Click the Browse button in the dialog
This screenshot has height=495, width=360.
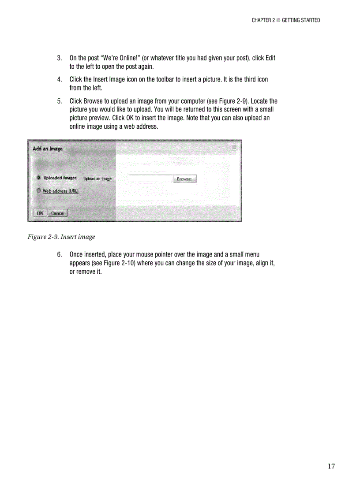[x=184, y=179]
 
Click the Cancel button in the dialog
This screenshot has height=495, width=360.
[x=57, y=213]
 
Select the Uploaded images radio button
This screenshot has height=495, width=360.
[x=39, y=178]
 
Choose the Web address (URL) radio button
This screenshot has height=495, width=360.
[x=39, y=191]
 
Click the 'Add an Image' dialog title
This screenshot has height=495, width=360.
[x=48, y=149]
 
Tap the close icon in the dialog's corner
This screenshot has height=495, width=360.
[x=234, y=148]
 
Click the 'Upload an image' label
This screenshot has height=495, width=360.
[x=97, y=179]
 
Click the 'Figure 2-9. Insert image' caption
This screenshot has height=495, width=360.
[x=61, y=237]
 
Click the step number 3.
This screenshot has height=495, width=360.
[x=59, y=58]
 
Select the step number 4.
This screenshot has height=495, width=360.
[x=59, y=79]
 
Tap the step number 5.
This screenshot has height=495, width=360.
[x=59, y=101]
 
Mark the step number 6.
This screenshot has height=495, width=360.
[x=59, y=254]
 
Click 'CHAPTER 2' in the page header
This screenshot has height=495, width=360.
[x=263, y=20]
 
